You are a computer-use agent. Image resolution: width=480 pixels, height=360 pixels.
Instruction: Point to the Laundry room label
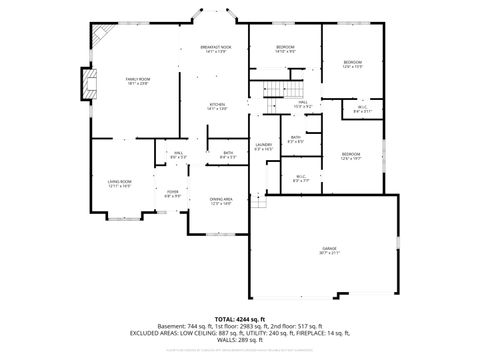point(263,146)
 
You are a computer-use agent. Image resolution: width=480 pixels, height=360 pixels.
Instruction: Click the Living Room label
point(119,183)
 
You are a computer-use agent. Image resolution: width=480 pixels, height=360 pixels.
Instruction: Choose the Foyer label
point(173,192)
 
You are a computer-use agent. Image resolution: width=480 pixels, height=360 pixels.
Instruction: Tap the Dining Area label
point(222,200)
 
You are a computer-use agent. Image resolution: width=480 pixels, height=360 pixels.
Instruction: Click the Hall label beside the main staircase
point(303,102)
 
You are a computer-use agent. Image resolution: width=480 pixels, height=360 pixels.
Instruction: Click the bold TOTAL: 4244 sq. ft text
point(239,318)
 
